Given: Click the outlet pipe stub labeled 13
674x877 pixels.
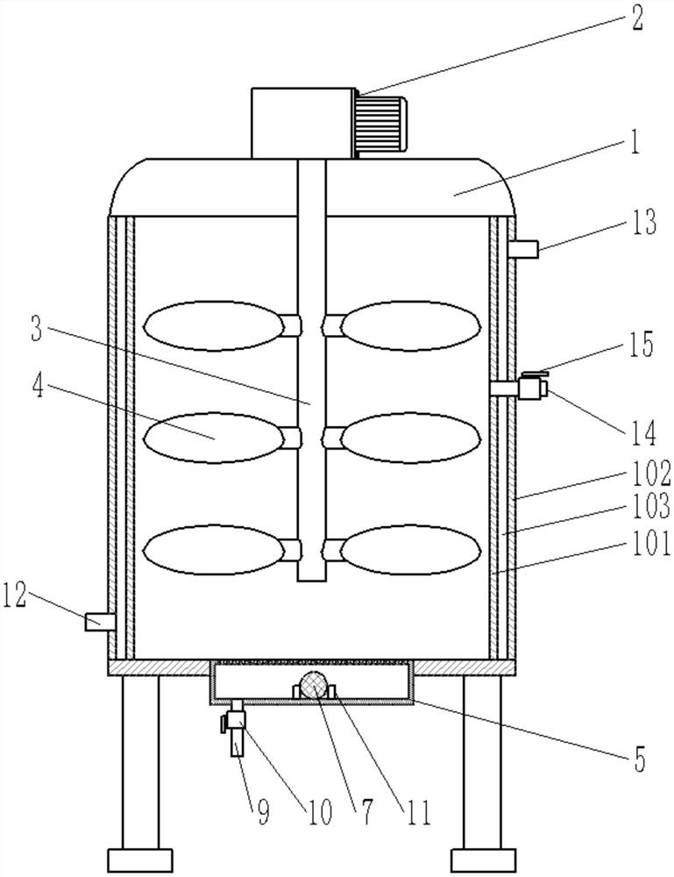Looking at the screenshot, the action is click(523, 249).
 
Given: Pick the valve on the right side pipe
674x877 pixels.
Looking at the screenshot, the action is click(531, 387).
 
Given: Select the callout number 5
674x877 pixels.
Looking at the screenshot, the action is click(639, 759).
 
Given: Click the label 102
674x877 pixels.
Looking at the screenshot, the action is click(651, 474).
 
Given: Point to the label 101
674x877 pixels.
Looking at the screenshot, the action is click(651, 543).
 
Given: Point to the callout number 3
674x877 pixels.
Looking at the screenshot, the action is click(37, 330).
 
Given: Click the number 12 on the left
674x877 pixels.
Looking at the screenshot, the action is click(15, 596).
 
